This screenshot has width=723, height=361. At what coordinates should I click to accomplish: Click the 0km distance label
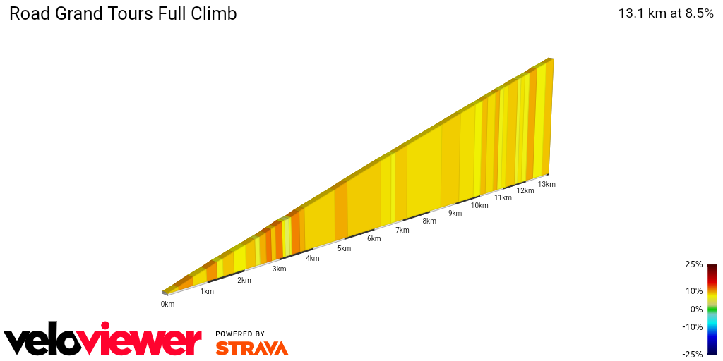click(167, 305)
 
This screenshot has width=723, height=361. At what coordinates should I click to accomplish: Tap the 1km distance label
click(207, 292)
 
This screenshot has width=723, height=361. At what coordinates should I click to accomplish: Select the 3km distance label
click(280, 269)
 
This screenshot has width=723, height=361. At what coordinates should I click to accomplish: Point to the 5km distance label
click(344, 248)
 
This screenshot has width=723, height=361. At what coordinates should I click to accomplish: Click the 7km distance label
click(402, 231)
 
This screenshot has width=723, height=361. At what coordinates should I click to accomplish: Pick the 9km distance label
click(455, 214)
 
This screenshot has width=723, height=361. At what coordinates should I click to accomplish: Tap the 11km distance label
click(503, 198)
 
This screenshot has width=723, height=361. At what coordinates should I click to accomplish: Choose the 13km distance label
click(546, 185)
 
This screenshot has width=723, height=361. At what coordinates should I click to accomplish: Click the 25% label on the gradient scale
click(693, 264)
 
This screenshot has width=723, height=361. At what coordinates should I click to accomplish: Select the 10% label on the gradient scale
click(693, 290)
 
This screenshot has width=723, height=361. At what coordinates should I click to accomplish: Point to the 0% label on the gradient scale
click(696, 309)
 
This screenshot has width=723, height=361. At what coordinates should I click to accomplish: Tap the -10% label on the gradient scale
click(692, 326)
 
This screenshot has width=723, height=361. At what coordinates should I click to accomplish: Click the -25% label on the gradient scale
click(692, 354)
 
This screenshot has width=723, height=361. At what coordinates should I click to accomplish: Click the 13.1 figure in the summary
click(631, 13)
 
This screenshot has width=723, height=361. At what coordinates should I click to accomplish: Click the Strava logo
click(251, 348)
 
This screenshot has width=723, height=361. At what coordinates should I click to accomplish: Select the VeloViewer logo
click(103, 341)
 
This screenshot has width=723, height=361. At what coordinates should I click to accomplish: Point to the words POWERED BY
click(240, 334)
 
